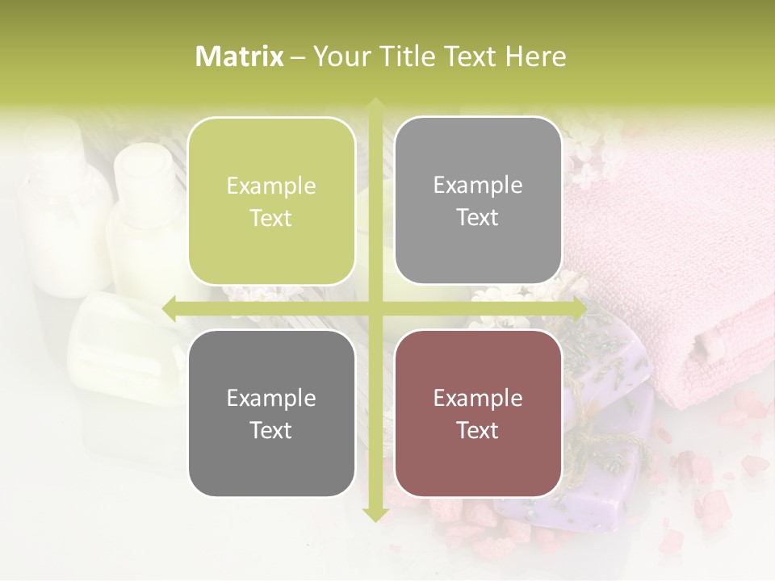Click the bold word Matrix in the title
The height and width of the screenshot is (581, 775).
pyautogui.click(x=240, y=56)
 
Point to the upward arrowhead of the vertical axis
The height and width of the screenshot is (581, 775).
pyautogui.click(x=375, y=105)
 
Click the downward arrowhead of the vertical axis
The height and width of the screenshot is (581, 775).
pyautogui.click(x=375, y=515)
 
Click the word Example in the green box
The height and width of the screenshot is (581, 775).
pyautogui.click(x=271, y=186)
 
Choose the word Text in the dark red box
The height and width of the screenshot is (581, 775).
pyautogui.click(x=478, y=431)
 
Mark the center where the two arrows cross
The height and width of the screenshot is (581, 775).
pyautogui.click(x=375, y=307)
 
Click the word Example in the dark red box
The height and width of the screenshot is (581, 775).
pyautogui.click(x=478, y=399)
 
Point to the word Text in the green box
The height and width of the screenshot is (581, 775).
pyautogui.click(x=271, y=219)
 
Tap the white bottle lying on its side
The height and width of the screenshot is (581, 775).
pyautogui.click(x=121, y=339)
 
